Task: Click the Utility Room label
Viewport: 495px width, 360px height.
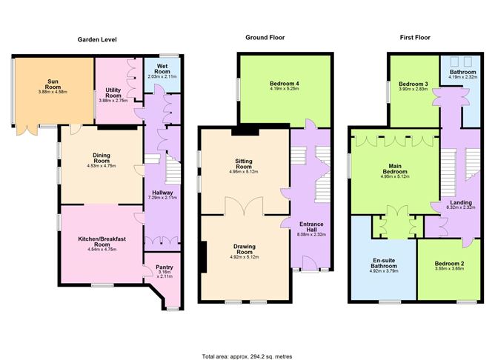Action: tap(113, 93)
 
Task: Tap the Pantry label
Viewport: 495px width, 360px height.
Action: tap(165, 268)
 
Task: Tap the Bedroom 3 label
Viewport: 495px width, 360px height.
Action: tap(411, 84)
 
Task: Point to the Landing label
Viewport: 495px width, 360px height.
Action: tap(461, 201)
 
